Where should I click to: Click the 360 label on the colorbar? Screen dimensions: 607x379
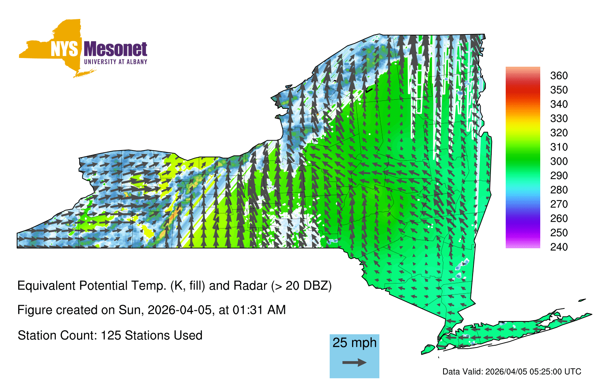coord(559,75)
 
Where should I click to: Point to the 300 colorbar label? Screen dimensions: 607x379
coord(559,161)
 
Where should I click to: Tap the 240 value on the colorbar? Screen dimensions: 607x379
coord(559,247)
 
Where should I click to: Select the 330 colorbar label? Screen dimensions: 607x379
coord(559,118)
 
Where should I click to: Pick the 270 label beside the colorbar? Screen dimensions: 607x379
coord(559,204)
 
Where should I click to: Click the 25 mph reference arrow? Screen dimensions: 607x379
coord(354,362)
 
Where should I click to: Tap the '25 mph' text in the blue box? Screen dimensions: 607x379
coord(354,343)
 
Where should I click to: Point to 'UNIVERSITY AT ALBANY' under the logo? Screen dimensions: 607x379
coord(116,62)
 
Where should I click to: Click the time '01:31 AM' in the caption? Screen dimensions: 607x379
coord(259,310)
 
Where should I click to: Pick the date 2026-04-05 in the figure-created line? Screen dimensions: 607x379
coord(179,310)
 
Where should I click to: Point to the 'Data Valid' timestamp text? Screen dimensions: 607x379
coord(512,372)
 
